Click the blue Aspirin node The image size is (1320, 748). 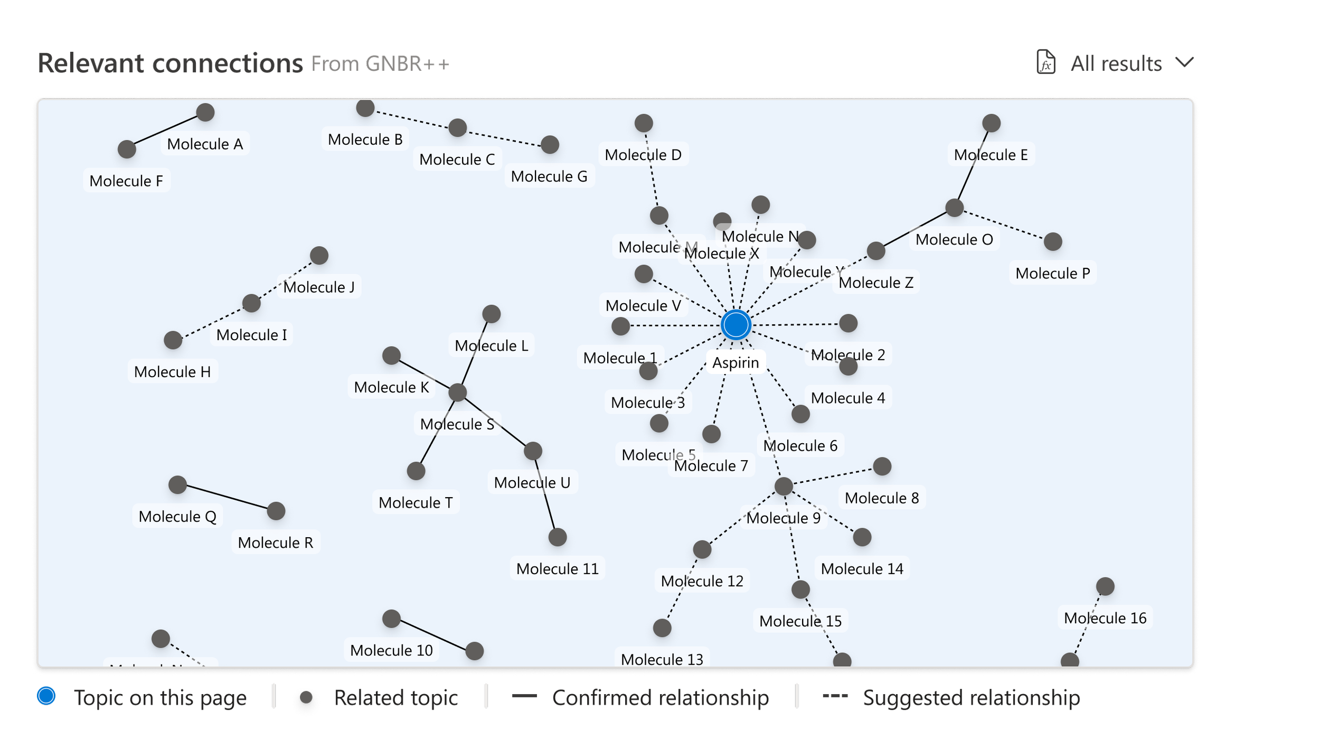pos(736,324)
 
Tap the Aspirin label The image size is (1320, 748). pos(736,363)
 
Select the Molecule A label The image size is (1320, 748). pos(205,144)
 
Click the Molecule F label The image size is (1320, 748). pos(126,181)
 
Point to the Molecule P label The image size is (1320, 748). pos(1052,274)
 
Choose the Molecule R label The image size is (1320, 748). pos(275,543)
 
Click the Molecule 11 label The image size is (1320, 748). pos(557,569)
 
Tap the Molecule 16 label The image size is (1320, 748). pos(1105,618)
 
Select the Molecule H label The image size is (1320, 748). pos(172,372)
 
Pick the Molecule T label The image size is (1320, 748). pos(416,503)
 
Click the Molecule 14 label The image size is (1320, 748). pos(862,569)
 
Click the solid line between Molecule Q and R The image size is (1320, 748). pos(227,498)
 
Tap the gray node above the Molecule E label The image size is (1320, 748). pos(991,123)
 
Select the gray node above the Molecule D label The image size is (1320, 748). pos(643,123)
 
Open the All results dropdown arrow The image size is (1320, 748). pos(1185,63)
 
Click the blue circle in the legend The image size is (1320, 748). pos(46,696)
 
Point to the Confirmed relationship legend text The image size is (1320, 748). pos(660,698)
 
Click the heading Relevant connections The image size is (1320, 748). pos(170,64)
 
